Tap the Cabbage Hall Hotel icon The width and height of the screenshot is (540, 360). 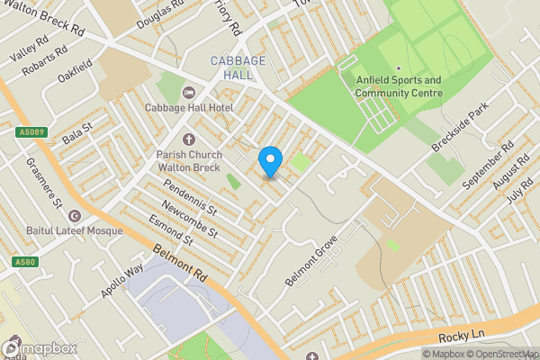(x=188, y=93)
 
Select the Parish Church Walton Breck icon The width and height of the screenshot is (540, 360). (x=188, y=139)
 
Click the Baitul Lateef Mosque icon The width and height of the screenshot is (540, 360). (x=75, y=217)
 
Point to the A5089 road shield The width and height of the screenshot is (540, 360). (x=30, y=131)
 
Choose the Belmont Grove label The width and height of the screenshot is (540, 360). (x=310, y=261)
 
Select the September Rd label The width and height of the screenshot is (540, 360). (x=487, y=164)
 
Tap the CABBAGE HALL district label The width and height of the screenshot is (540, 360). (x=238, y=67)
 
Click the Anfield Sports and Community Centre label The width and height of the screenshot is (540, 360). (x=398, y=85)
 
